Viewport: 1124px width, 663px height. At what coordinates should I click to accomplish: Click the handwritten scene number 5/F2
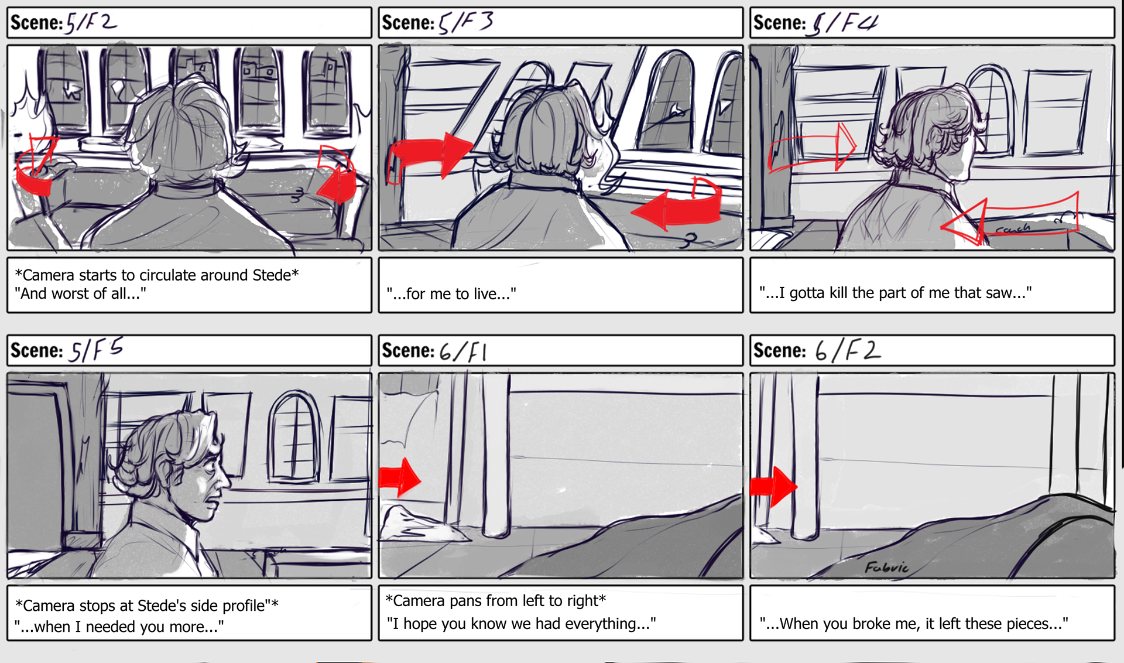point(91,23)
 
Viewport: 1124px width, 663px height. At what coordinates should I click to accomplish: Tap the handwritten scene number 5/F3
point(466,23)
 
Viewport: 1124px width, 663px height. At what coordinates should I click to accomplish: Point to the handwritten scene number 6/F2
point(848,350)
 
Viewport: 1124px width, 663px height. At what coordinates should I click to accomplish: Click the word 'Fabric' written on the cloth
point(887,567)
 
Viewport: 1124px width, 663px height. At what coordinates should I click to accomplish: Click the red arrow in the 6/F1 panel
point(400,477)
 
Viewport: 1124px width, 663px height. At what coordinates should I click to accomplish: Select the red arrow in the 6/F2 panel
point(773,486)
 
